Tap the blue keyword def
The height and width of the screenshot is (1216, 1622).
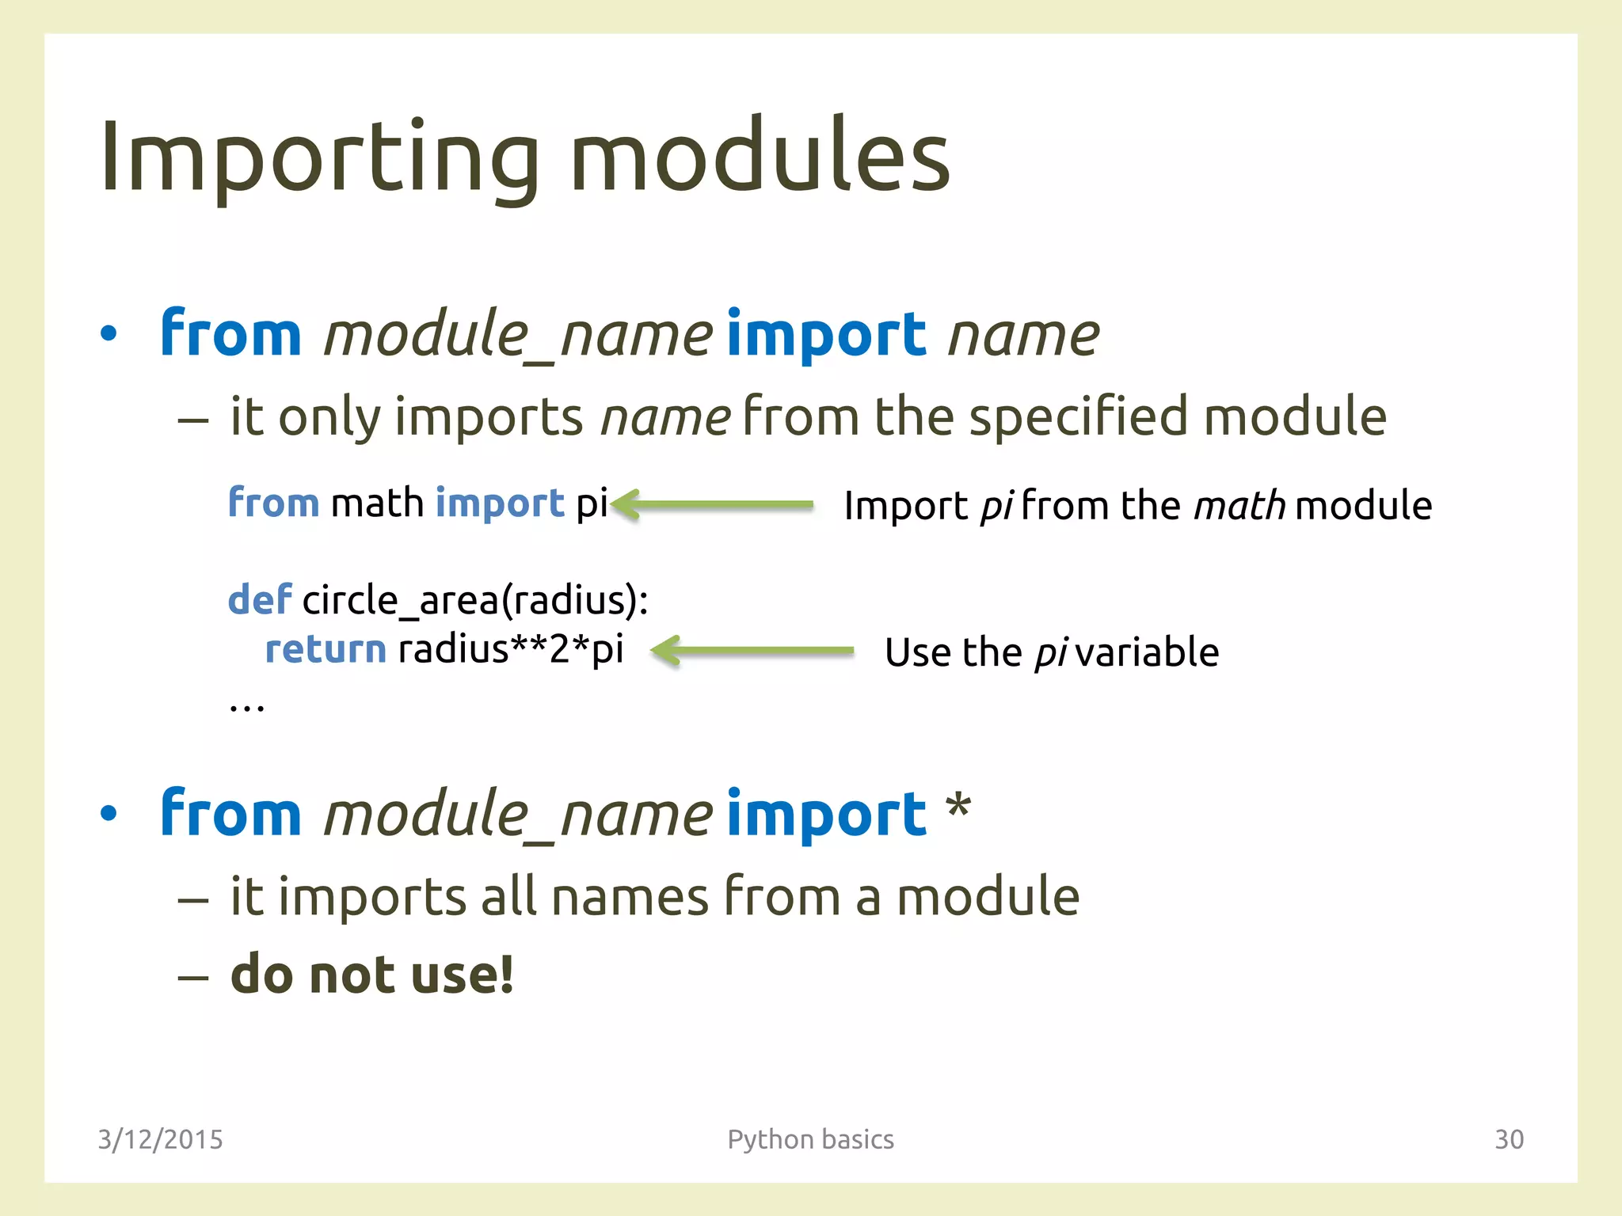coord(259,599)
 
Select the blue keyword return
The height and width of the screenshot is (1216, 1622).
coord(325,650)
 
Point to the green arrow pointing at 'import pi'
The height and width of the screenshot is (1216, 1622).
coord(713,504)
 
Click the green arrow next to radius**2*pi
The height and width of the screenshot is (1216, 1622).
coord(752,651)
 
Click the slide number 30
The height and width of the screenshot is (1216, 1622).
coord(1508,1138)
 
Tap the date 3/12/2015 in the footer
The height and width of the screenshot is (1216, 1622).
coord(160,1138)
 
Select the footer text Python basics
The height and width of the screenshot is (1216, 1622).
coord(810,1138)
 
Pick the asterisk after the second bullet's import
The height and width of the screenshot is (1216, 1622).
coord(958,807)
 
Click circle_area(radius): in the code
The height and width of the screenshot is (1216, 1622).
coord(475,600)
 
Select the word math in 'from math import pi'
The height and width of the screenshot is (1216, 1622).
coord(377,503)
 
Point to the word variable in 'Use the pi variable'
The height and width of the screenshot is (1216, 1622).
coord(1147,652)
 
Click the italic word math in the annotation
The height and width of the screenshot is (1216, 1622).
coord(1239,505)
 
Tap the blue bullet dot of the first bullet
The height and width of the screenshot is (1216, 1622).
coord(109,334)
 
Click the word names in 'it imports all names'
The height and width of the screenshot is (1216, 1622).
coord(630,897)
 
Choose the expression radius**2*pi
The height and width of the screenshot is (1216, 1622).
coord(511,650)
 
